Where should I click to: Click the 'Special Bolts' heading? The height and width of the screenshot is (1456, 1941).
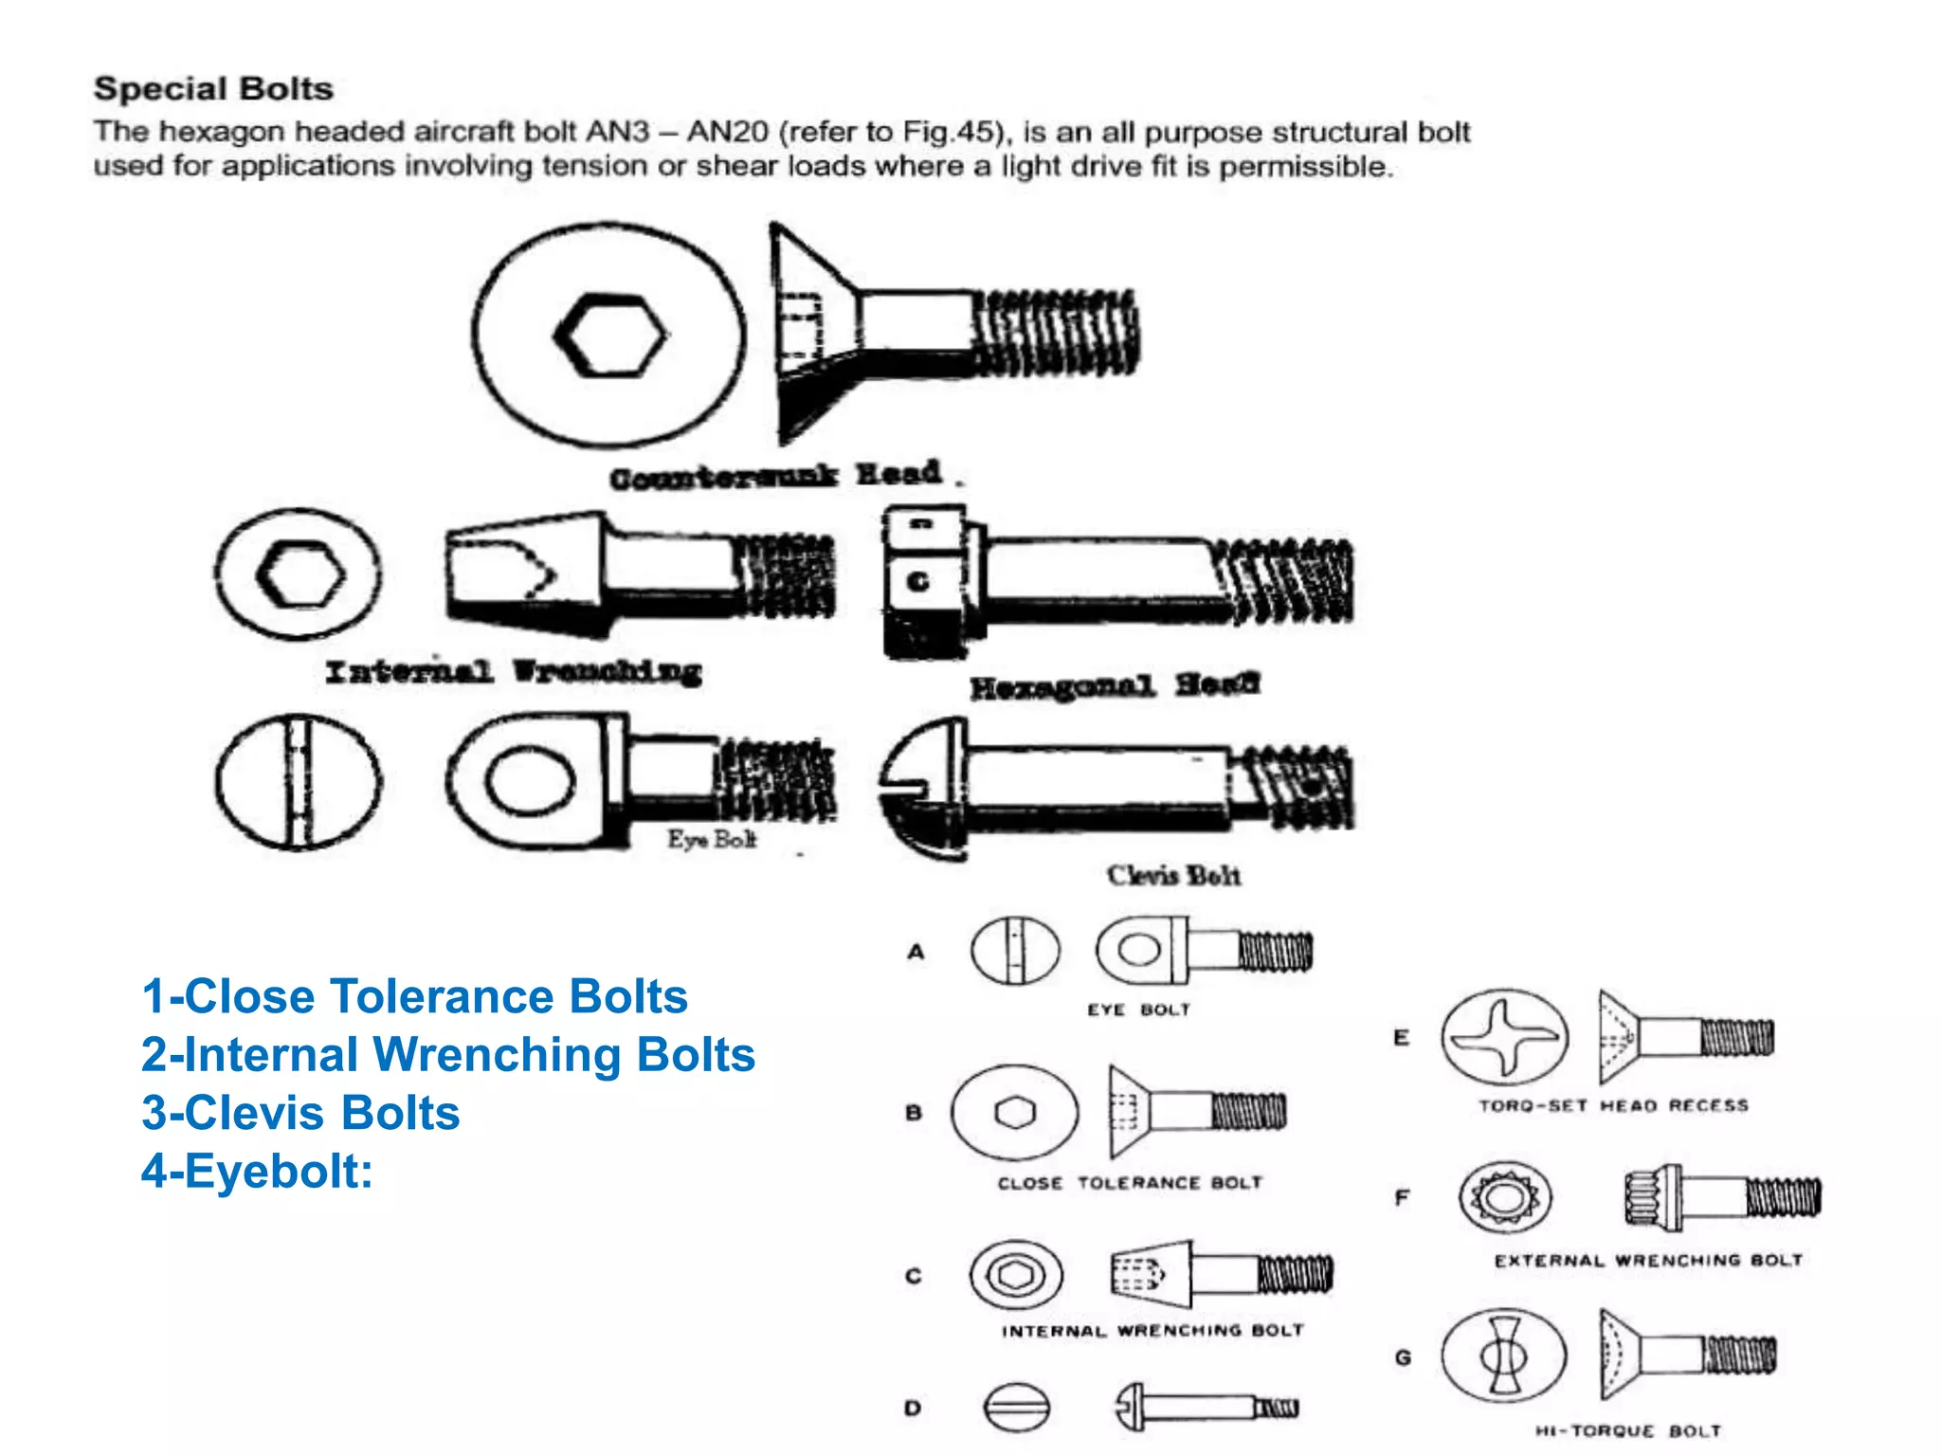[213, 89]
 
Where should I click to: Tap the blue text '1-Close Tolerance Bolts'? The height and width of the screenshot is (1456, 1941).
[414, 997]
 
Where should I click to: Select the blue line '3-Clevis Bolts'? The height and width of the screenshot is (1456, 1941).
[300, 1113]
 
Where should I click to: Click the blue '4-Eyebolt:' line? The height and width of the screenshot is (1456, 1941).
[257, 1171]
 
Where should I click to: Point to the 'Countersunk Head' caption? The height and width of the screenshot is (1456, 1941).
[775, 476]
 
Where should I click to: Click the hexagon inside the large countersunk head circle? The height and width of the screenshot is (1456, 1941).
[609, 336]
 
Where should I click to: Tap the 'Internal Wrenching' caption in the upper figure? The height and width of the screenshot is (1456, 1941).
[513, 672]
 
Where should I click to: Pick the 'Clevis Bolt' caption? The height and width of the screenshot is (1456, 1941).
[1173, 876]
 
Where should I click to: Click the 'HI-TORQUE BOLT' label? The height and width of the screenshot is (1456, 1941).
[1627, 1431]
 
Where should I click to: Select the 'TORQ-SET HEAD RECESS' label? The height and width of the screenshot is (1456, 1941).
[1613, 1106]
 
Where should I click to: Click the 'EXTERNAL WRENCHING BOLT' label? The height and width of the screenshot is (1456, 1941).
[1648, 1261]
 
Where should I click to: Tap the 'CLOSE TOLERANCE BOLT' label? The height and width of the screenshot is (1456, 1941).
[1130, 1183]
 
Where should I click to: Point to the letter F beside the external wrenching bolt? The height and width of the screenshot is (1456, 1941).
[1403, 1198]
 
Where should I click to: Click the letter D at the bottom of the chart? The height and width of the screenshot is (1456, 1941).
[913, 1409]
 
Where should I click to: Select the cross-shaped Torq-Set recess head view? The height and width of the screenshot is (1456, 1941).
[1504, 1038]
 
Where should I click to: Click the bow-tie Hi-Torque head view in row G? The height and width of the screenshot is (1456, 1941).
[1503, 1356]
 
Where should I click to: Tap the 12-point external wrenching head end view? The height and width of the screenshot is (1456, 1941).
[1504, 1198]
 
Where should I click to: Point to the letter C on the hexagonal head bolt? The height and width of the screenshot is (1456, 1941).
[917, 582]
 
